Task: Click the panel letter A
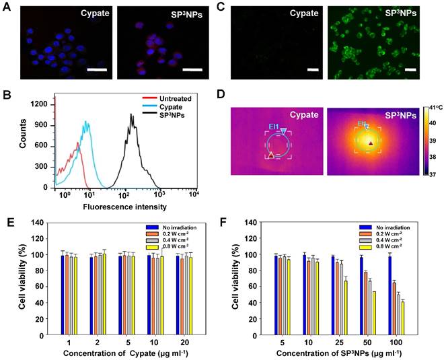[x=7, y=7]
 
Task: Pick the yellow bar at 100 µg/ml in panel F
[x=403, y=317]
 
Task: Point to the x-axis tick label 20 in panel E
[x=182, y=340]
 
